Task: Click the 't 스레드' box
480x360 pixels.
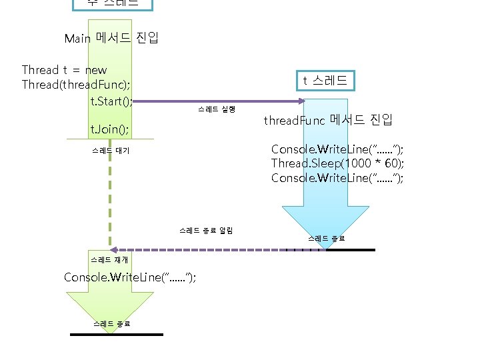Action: pos(325,81)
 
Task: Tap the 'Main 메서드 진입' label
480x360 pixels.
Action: pos(111,38)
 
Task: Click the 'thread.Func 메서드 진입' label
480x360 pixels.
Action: pos(328,121)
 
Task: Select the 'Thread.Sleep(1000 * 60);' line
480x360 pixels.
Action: pos(337,163)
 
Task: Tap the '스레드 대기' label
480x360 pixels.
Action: pos(111,151)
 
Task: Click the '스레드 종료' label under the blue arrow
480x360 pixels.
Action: pos(326,238)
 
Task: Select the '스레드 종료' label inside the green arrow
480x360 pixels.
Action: pos(112,323)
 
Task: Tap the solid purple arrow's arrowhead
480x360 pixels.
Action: pos(301,101)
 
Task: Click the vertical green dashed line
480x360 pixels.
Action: pos(109,200)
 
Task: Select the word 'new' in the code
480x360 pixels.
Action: pos(96,70)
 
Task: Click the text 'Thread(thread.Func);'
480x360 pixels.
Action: pos(76,85)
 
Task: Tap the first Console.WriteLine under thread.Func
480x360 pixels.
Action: pos(337,149)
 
